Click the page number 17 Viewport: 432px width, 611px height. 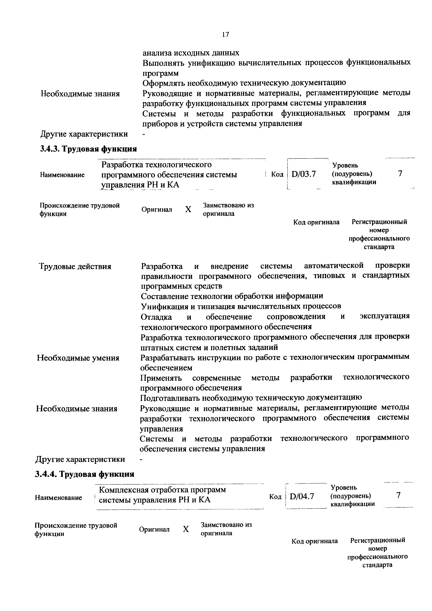click(225, 35)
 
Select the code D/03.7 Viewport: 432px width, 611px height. click(304, 174)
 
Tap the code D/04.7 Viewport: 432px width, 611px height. click(302, 496)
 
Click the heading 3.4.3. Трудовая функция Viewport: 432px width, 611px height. click(89, 149)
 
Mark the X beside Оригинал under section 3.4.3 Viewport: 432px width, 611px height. click(188, 209)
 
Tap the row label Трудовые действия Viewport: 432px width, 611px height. click(75, 266)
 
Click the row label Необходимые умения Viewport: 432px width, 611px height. click(78, 358)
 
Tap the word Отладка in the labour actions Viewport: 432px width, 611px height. click(156, 317)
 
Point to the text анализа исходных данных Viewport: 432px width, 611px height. click(191, 53)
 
